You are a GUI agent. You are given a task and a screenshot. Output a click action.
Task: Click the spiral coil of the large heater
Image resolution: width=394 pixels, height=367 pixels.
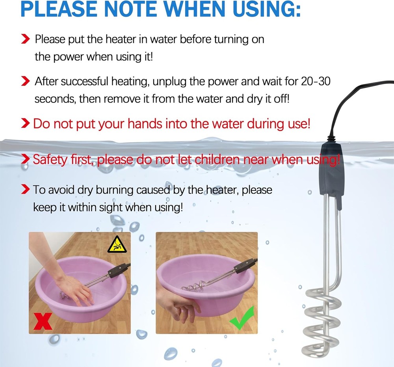[x=322, y=319]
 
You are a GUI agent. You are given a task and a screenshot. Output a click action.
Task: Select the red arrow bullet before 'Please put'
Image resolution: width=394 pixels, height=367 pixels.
[x=25, y=39]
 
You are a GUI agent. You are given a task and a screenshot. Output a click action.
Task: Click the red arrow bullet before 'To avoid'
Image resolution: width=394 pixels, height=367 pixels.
[x=25, y=190]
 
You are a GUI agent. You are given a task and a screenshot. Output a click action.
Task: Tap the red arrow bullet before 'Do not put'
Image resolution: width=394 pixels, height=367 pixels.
[x=25, y=124]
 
